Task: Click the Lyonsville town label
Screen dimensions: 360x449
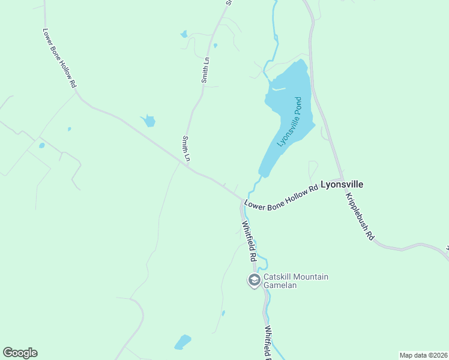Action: point(342,185)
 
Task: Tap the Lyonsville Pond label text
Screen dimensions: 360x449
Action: point(289,123)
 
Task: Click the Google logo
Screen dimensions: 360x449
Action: point(20,353)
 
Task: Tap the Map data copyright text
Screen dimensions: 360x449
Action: point(423,355)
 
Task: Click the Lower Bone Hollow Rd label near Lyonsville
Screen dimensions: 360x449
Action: point(281,197)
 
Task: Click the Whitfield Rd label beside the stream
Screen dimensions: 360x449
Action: point(249,241)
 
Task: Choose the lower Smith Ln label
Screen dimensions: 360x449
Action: point(186,148)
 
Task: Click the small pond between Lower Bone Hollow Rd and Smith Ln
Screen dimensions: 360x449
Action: point(148,121)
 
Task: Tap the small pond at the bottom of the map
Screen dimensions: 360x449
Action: point(182,343)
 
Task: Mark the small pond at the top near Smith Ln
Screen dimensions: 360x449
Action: point(184,34)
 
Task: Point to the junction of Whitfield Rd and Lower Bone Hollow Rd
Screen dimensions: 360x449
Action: point(244,200)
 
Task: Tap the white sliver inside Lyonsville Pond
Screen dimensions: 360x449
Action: point(278,89)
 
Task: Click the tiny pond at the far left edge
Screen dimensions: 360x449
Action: point(41,145)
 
